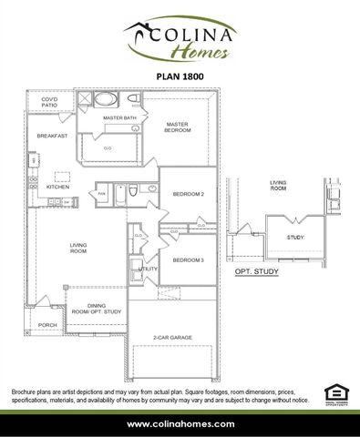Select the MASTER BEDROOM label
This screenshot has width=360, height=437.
[x=177, y=127]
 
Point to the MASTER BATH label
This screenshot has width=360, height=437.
[x=119, y=118]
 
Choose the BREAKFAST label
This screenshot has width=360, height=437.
[x=52, y=136]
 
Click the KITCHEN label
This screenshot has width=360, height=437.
[x=58, y=188]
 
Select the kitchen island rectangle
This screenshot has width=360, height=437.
[x=63, y=176]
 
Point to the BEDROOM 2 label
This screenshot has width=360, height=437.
[x=189, y=195]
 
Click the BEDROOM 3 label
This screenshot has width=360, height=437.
[x=189, y=260]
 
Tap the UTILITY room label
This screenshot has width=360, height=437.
[x=148, y=269]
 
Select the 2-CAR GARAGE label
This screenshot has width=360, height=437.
[x=171, y=338]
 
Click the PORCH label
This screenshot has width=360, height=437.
[x=47, y=325]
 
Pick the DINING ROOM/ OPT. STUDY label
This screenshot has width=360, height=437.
[x=102, y=310]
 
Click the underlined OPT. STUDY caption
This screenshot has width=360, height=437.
[x=256, y=271]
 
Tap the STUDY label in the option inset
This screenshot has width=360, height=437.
[x=295, y=237]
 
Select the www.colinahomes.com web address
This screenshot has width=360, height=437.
[x=180, y=423]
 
